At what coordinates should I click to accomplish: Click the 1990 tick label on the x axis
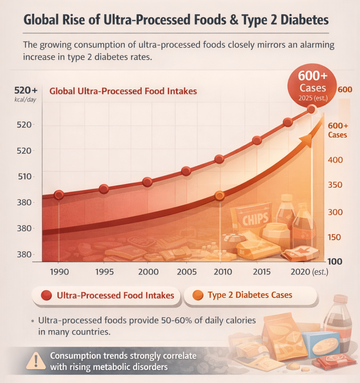pos(59,272)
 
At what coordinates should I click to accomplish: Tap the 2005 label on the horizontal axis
pos(186,272)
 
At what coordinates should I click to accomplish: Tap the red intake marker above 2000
pos(147,182)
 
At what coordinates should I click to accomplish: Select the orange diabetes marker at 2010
pos(220,196)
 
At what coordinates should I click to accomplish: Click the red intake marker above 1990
pos(59,194)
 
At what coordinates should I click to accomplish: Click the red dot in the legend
pos(46,295)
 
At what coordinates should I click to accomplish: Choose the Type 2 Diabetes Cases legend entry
pos(250,295)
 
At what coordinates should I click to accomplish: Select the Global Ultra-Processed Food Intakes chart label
pos(123,91)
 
